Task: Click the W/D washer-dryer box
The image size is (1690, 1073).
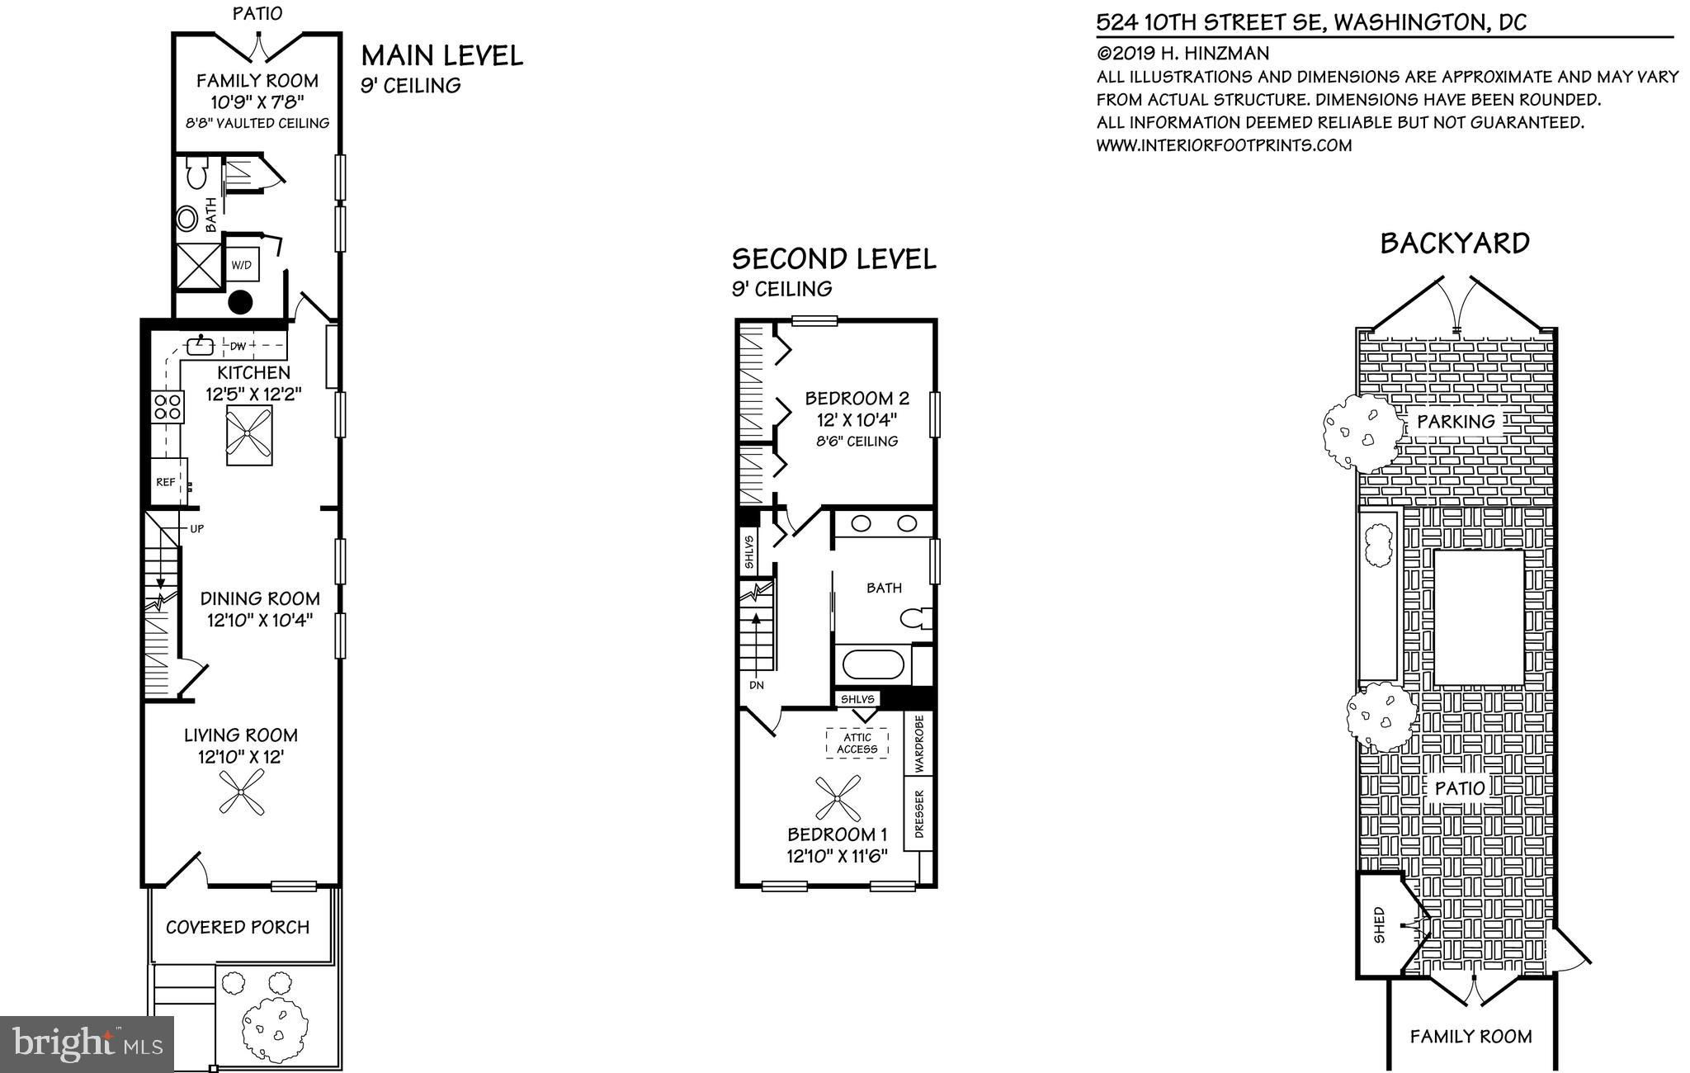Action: pyautogui.click(x=242, y=265)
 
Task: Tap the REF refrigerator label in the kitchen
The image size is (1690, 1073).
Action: pyautogui.click(x=165, y=482)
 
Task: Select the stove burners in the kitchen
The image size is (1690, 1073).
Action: pyautogui.click(x=168, y=407)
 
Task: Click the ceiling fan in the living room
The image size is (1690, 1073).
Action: pyautogui.click(x=242, y=792)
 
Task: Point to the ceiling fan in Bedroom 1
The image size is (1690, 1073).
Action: pyautogui.click(x=838, y=798)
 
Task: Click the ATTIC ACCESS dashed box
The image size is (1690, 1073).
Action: pyautogui.click(x=857, y=744)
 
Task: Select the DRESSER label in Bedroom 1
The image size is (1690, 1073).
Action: pyautogui.click(x=919, y=813)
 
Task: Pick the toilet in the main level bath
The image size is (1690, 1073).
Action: pyautogui.click(x=196, y=174)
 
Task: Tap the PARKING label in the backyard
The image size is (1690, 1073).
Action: pyautogui.click(x=1456, y=422)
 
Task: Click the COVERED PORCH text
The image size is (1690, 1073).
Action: pyautogui.click(x=238, y=927)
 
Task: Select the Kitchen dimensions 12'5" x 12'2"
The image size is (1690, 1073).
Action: pyautogui.click(x=254, y=395)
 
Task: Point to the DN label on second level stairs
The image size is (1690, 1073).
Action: pyautogui.click(x=757, y=685)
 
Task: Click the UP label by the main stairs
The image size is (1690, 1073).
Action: pyautogui.click(x=196, y=528)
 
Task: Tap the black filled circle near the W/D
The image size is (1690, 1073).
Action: pyautogui.click(x=240, y=303)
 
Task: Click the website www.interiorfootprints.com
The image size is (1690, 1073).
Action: pyautogui.click(x=1224, y=145)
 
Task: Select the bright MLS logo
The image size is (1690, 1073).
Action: pyautogui.click(x=87, y=1044)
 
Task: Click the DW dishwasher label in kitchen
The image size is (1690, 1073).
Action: pyautogui.click(x=238, y=346)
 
